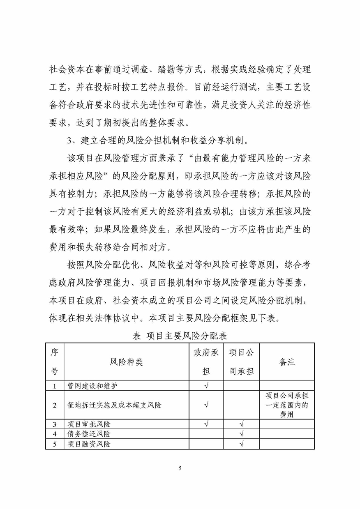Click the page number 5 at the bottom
pos(180,468)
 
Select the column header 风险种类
pos(126,362)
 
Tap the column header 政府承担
pos(206,362)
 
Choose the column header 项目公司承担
pos(241,362)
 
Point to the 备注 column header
pos(287,362)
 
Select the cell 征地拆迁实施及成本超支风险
pos(114,405)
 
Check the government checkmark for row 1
pos(206,386)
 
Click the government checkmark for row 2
pos(206,405)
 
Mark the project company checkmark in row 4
pos(241,434)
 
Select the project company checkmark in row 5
pos(241,444)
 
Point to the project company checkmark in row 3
pos(241,424)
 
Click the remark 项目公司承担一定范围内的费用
pos(287,405)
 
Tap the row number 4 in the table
pos(54,434)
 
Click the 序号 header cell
pos(54,362)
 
